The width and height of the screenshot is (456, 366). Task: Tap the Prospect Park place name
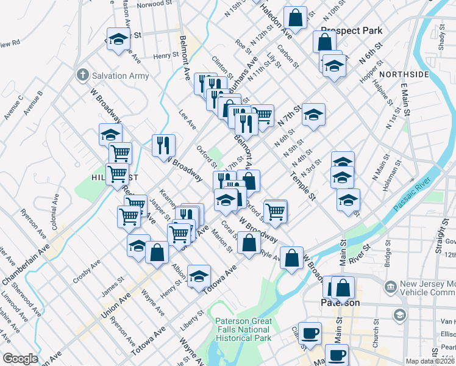pyautogui.click(x=351, y=30)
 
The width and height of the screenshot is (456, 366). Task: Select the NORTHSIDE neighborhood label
pyautogui.click(x=404, y=74)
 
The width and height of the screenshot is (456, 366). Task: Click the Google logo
pyautogui.click(x=20, y=359)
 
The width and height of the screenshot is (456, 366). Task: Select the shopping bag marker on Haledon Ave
pyautogui.click(x=296, y=19)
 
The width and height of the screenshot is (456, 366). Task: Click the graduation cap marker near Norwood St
pyautogui.click(x=118, y=39)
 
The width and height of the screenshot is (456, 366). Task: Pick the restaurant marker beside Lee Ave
pyautogui.click(x=163, y=145)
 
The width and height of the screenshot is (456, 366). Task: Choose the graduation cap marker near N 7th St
pyautogui.click(x=313, y=115)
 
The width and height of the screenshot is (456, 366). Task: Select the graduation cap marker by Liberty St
pyautogui.click(x=199, y=276)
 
